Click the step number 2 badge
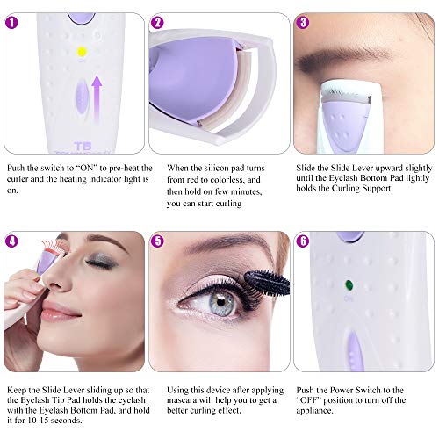coord(158,23)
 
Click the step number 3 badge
coord(303,23)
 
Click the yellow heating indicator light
coord(81,52)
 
